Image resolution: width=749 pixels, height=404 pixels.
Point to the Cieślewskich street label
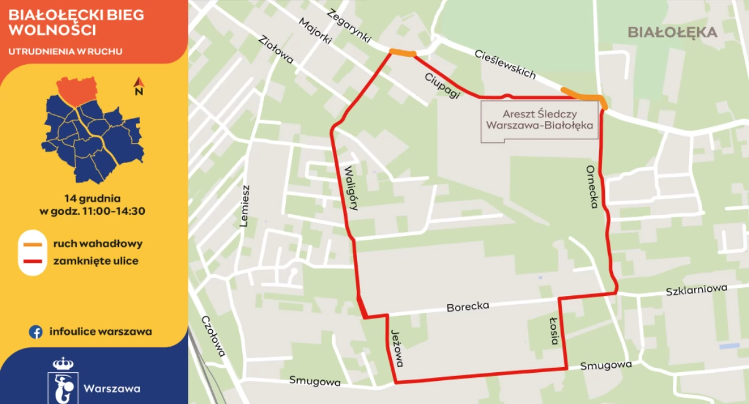click(x=505, y=64)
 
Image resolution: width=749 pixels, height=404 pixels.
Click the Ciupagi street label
click(x=442, y=85)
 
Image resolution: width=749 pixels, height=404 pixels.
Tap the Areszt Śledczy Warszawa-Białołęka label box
click(x=540, y=121)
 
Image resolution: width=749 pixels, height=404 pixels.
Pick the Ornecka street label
click(x=592, y=187)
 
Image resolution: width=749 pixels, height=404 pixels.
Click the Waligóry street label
click(x=350, y=187)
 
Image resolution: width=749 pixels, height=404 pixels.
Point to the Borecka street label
click(x=468, y=307)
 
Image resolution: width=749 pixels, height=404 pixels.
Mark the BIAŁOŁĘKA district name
click(x=672, y=32)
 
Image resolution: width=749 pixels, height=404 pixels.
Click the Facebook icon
click(x=36, y=332)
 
